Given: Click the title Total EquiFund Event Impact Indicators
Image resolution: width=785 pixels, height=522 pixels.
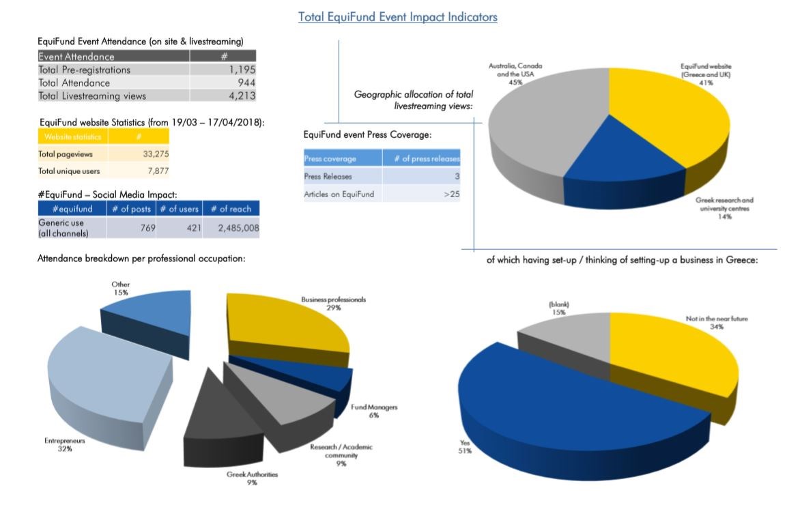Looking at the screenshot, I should pos(397,17).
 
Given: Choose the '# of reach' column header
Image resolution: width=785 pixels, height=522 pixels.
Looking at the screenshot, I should pos(231,209).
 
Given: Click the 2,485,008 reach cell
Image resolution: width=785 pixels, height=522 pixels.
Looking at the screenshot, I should pos(238,228).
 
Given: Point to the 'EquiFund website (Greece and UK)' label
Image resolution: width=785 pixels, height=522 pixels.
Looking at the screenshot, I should pos(706,74).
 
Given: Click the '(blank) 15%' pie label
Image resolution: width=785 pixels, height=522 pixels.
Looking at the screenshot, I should pos(559,308).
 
